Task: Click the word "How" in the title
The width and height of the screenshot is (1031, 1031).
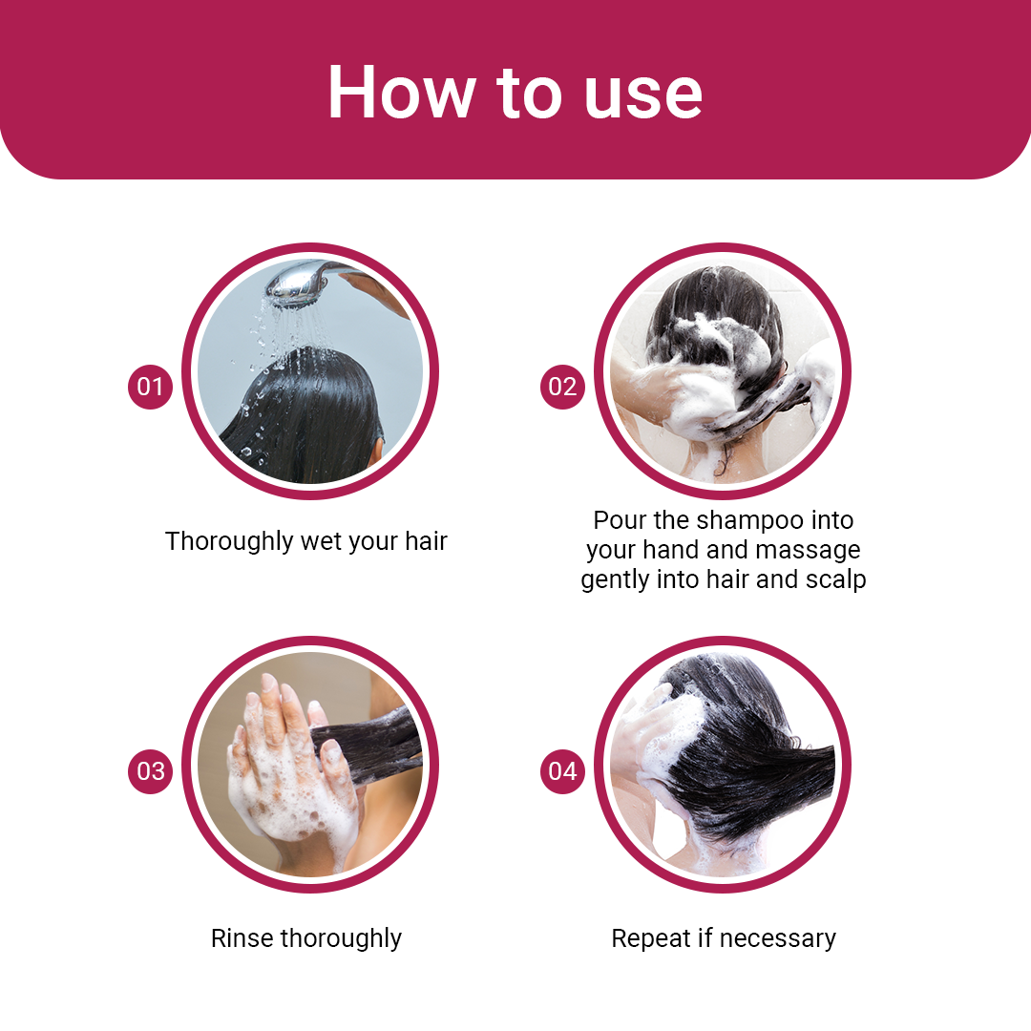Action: (401, 92)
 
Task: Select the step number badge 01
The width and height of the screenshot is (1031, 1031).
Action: (150, 387)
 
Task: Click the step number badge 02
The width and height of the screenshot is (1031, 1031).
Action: (562, 387)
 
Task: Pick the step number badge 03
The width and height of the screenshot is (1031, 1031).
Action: (150, 771)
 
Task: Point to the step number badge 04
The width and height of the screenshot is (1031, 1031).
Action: (562, 771)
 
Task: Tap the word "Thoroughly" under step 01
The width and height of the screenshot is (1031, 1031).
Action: (229, 542)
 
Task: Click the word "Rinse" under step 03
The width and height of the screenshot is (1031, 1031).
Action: (242, 938)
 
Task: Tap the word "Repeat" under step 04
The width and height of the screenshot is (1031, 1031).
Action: (651, 939)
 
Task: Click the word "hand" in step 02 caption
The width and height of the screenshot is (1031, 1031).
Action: (672, 550)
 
